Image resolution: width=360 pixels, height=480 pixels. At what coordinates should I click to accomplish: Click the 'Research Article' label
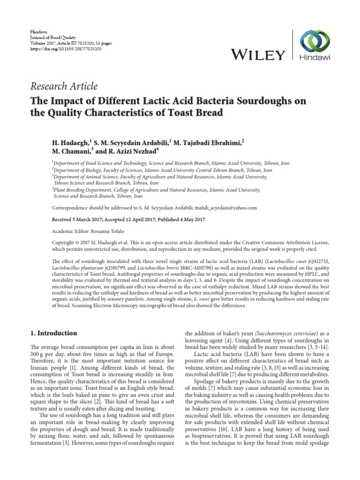coord(64,86)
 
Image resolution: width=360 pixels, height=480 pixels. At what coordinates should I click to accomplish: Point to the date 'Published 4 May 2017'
coord(177,219)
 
